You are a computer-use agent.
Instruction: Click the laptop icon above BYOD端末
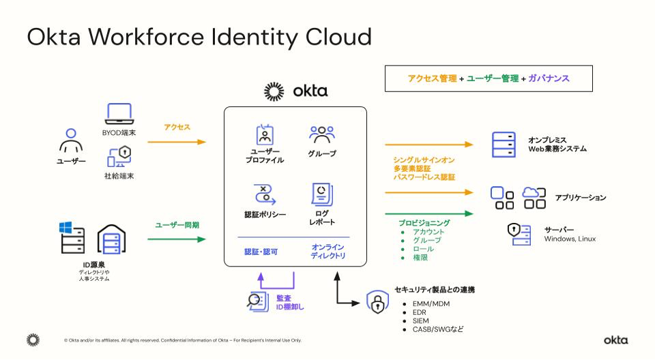tap(119, 114)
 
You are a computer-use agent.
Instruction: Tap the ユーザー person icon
tap(71, 141)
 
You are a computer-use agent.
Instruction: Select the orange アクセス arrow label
tap(177, 127)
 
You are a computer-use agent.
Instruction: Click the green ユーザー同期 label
tap(177, 224)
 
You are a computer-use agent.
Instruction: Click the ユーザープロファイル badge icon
tap(265, 135)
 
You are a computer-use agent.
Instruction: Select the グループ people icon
tap(321, 134)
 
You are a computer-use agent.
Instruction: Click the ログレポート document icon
tap(321, 194)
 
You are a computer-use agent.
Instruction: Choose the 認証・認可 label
tap(261, 252)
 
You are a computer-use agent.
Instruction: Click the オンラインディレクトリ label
tap(327, 251)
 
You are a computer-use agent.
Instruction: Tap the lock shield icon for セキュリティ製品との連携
tap(377, 301)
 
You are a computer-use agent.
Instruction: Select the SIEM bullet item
tap(420, 320)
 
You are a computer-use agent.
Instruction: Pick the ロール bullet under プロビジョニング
tap(423, 249)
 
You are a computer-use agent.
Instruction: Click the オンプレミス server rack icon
tap(504, 144)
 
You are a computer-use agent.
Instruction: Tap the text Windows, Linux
tap(570, 239)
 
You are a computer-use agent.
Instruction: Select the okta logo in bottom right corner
tap(615, 340)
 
